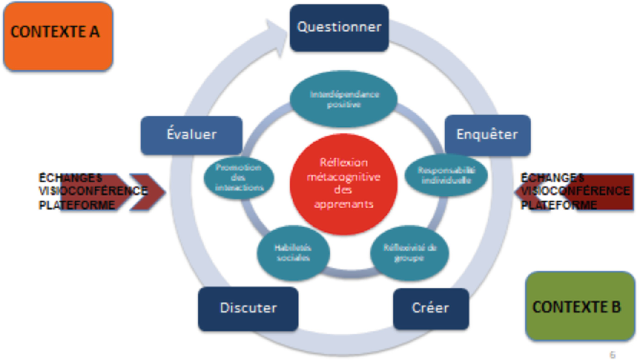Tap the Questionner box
coord(339,28)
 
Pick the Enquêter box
coord(487,135)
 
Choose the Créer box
coord(430,308)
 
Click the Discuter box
coord(248,308)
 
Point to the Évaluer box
coord(191,135)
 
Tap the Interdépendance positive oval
coord(344,99)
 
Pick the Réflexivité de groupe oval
coord(410,253)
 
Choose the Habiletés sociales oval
coord(293,253)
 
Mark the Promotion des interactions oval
coord(239,178)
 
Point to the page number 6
coord(613,355)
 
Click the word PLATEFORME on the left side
coord(76,205)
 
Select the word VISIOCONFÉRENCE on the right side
coord(575,191)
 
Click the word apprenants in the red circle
coord(344,204)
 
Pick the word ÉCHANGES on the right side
coord(552,178)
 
